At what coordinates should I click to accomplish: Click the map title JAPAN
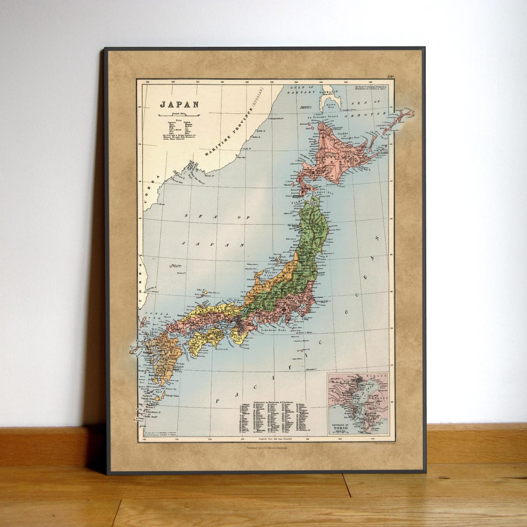click(179, 104)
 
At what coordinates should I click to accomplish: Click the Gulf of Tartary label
click(301, 89)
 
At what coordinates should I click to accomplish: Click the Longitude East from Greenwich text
click(266, 439)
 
